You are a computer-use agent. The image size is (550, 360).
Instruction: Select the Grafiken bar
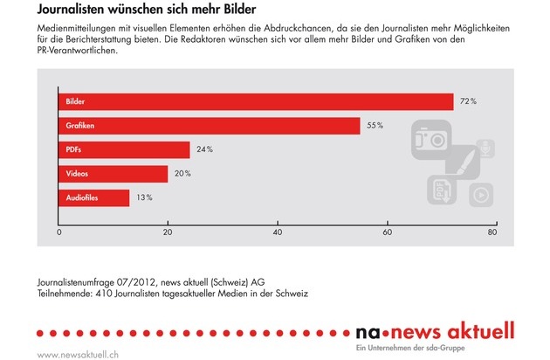tap(210, 126)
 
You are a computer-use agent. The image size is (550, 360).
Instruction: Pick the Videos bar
tap(113, 174)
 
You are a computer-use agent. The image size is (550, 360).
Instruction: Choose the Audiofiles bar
tap(94, 198)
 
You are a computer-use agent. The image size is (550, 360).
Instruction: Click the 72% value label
tap(468, 102)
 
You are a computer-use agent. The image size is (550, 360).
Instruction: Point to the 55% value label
tap(375, 126)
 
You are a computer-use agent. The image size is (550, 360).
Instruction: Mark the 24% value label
tap(204, 150)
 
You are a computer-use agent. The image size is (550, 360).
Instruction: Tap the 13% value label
tap(143, 198)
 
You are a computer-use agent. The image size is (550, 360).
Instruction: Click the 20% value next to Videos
tap(182, 174)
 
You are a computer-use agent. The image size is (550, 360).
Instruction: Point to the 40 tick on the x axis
tap(277, 233)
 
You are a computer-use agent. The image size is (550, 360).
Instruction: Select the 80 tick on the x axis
tap(493, 233)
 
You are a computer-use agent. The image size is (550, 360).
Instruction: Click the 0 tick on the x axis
tap(59, 233)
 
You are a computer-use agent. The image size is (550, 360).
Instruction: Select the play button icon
tap(479, 195)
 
